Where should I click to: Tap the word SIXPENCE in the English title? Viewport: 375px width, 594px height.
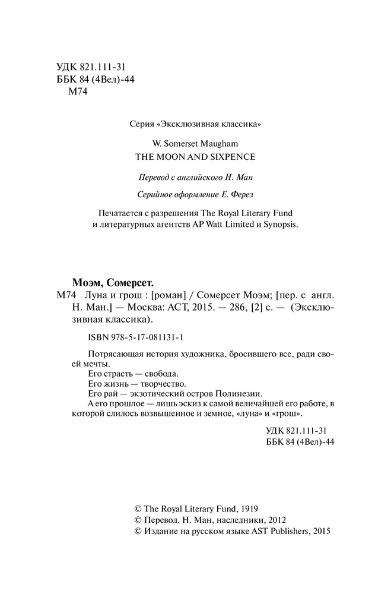pos(229,157)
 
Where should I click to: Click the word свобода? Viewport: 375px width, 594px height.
pos(160,375)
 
